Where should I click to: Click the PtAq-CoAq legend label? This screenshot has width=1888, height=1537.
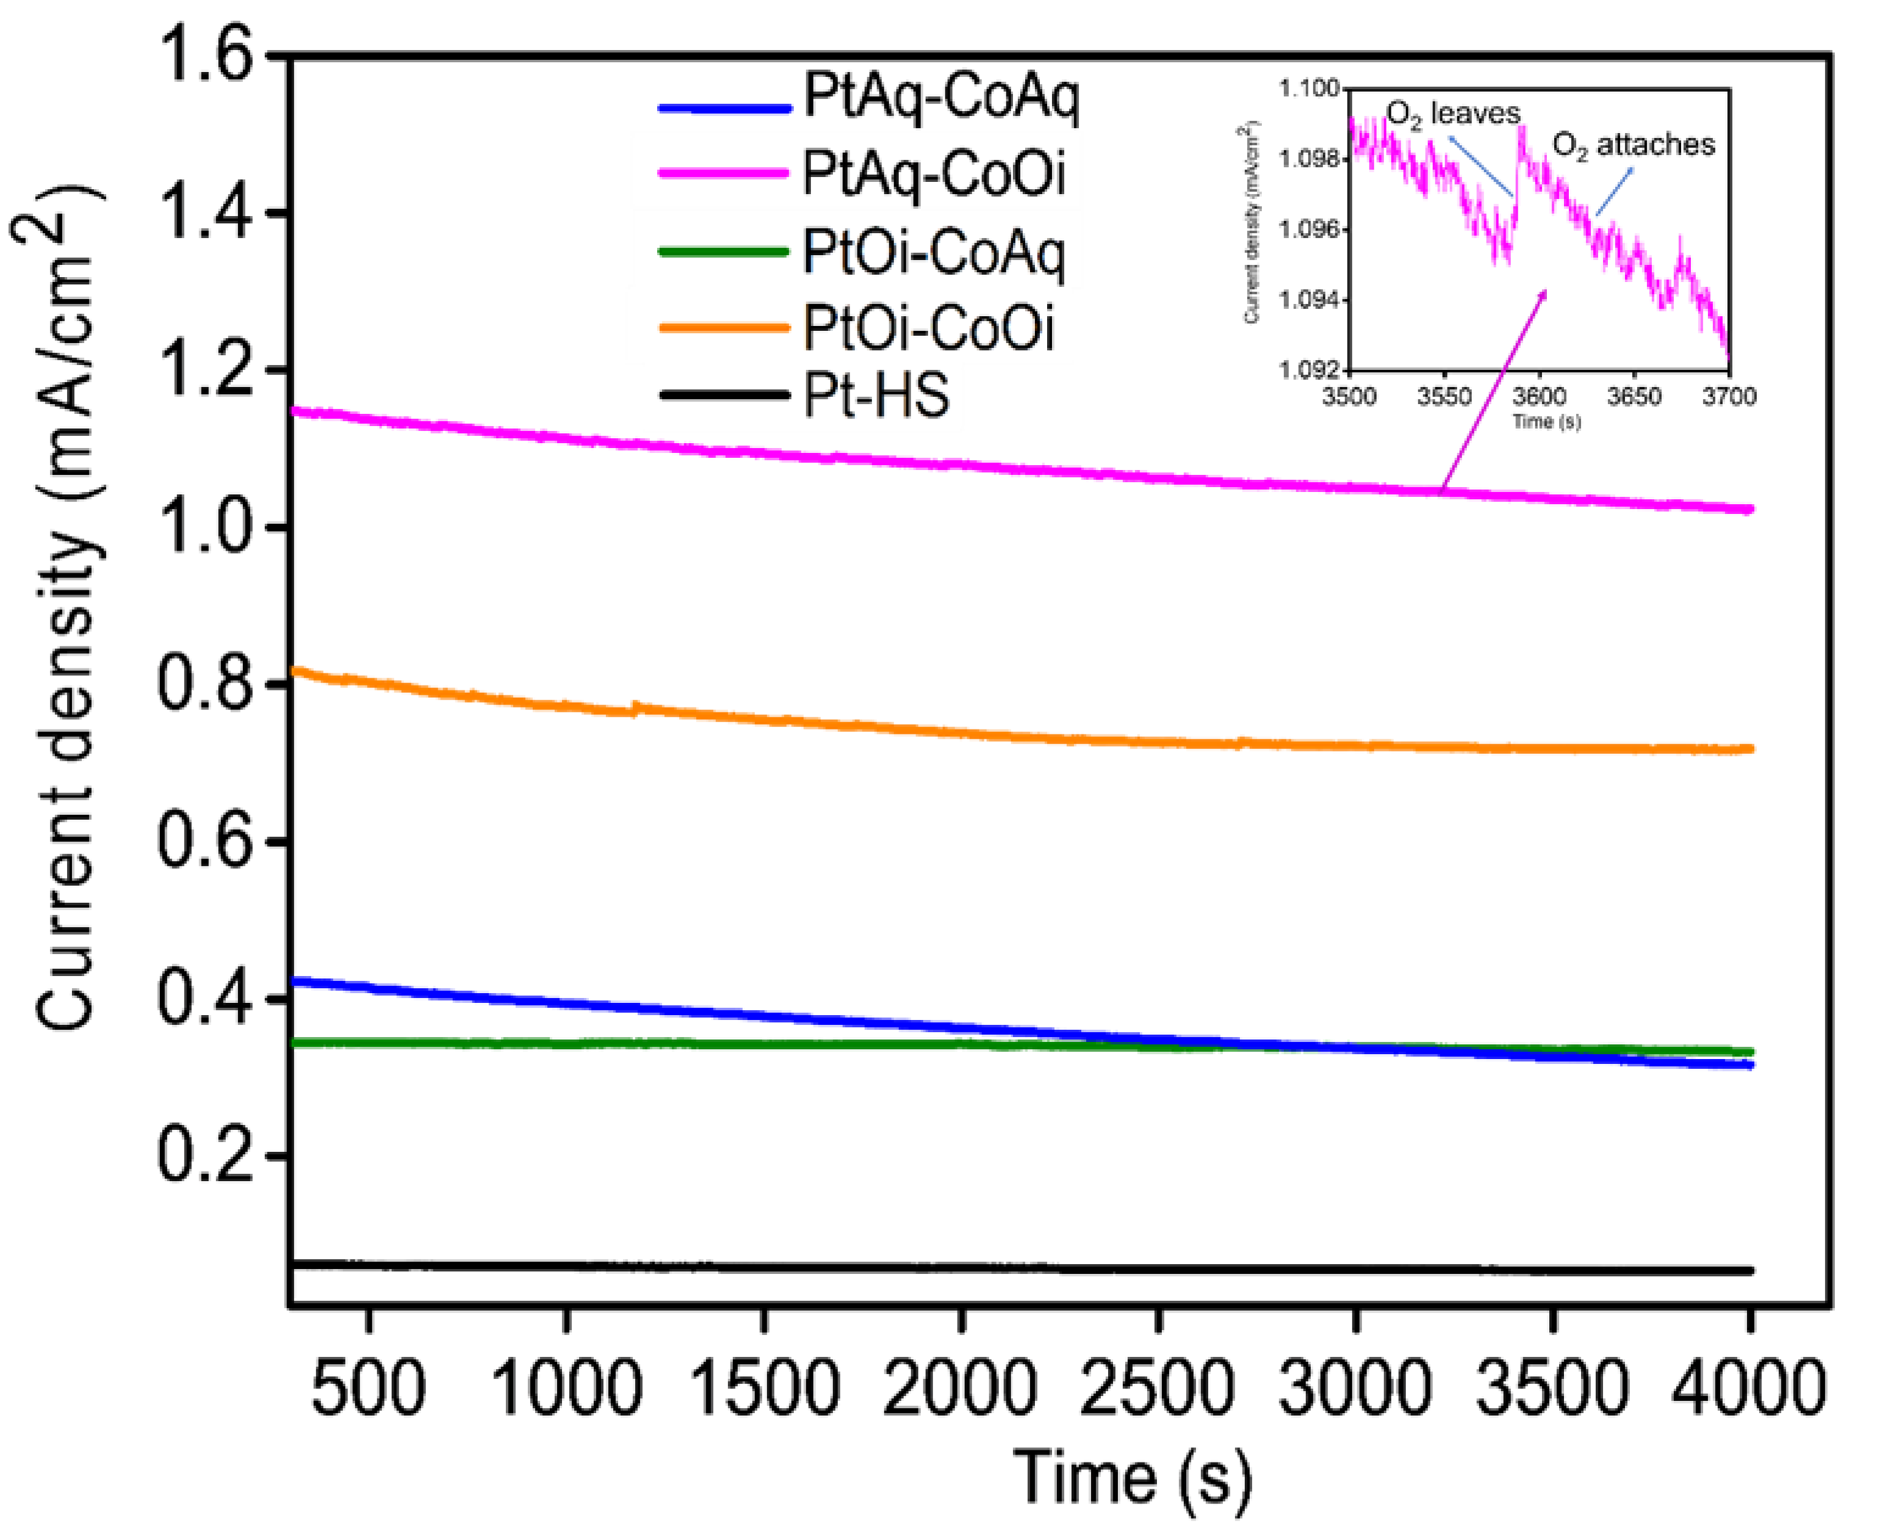[x=941, y=98]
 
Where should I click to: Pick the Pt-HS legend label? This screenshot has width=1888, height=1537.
[x=876, y=395]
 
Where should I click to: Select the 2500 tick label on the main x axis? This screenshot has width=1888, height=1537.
[x=1157, y=1387]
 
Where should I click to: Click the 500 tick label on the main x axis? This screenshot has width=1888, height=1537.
[x=368, y=1387]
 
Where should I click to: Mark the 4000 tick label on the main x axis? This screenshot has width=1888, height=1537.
[x=1748, y=1387]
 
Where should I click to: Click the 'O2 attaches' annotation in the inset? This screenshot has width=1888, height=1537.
[x=1633, y=144]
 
